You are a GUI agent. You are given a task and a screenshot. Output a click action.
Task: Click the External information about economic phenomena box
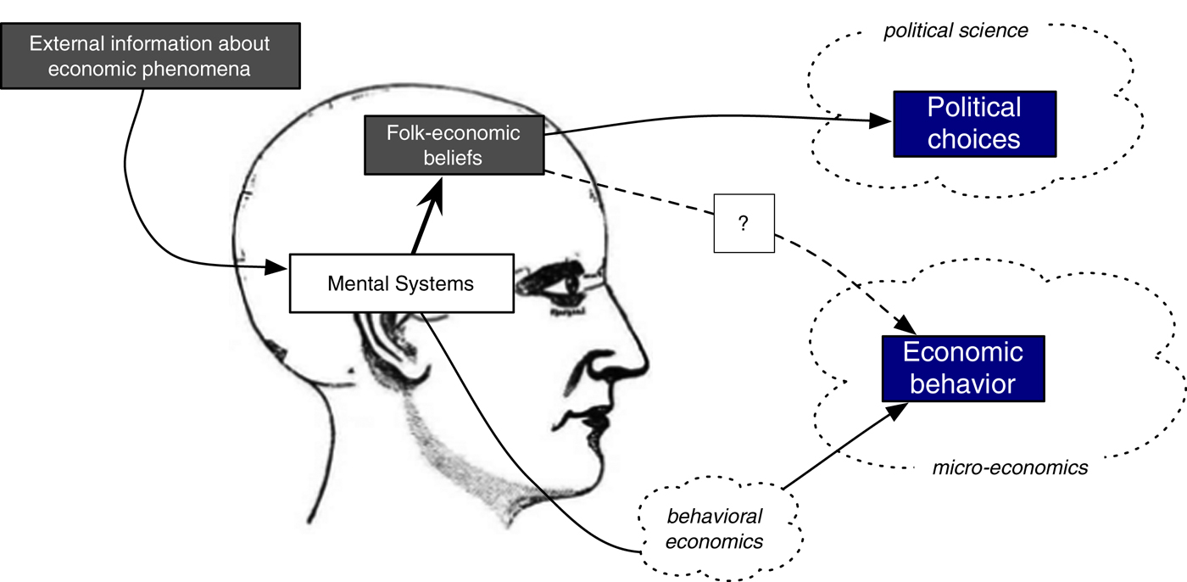pos(149,56)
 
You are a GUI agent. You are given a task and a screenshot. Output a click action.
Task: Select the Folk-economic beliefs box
pos(453,145)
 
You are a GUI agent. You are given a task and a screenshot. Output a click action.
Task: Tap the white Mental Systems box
pos(401,283)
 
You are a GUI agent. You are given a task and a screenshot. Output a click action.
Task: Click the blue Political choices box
pos(974,123)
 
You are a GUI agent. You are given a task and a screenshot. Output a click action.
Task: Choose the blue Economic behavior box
pos(962,368)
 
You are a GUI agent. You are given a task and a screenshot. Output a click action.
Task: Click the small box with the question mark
pos(744,222)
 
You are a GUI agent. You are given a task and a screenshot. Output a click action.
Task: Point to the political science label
pos(956,31)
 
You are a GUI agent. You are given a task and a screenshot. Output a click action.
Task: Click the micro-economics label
pos(1010,467)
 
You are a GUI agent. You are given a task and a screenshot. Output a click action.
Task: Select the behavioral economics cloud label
pos(715,529)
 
